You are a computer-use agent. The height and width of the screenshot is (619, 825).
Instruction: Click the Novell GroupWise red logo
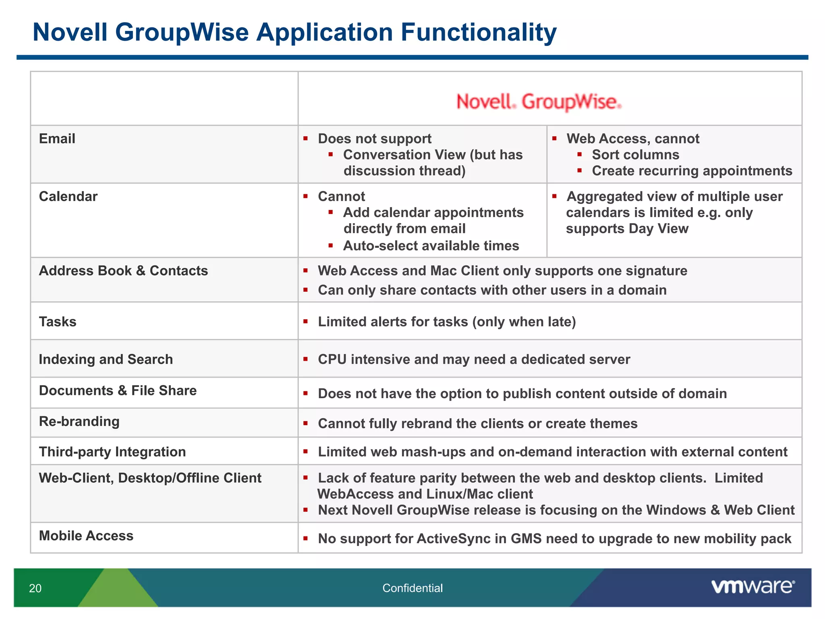pyautogui.click(x=539, y=102)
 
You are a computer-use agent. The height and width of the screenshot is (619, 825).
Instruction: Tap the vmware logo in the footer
pyautogui.click(x=753, y=586)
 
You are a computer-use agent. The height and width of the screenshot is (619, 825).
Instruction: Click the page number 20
pyautogui.click(x=35, y=588)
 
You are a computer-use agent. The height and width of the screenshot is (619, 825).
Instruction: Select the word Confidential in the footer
pyautogui.click(x=412, y=588)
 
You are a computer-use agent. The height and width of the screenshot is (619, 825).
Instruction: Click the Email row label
pyautogui.click(x=57, y=139)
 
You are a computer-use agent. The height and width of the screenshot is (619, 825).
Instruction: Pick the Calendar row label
pyautogui.click(x=68, y=196)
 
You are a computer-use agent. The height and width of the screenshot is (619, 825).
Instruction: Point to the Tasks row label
pyautogui.click(x=58, y=322)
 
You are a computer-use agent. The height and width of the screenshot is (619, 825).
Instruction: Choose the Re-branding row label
pyautogui.click(x=79, y=422)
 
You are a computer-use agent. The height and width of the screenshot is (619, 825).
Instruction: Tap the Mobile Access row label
pyautogui.click(x=86, y=536)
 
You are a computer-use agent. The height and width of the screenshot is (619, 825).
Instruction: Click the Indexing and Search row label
pyautogui.click(x=106, y=359)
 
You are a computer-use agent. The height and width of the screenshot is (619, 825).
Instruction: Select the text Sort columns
pyautogui.click(x=635, y=155)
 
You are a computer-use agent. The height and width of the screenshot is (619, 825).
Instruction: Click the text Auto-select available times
pyautogui.click(x=431, y=245)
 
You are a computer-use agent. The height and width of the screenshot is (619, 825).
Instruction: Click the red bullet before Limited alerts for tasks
pyautogui.click(x=306, y=321)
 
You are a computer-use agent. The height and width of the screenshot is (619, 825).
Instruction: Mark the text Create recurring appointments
pyautogui.click(x=692, y=171)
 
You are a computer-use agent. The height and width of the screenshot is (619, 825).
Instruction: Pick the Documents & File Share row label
pyautogui.click(x=118, y=391)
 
